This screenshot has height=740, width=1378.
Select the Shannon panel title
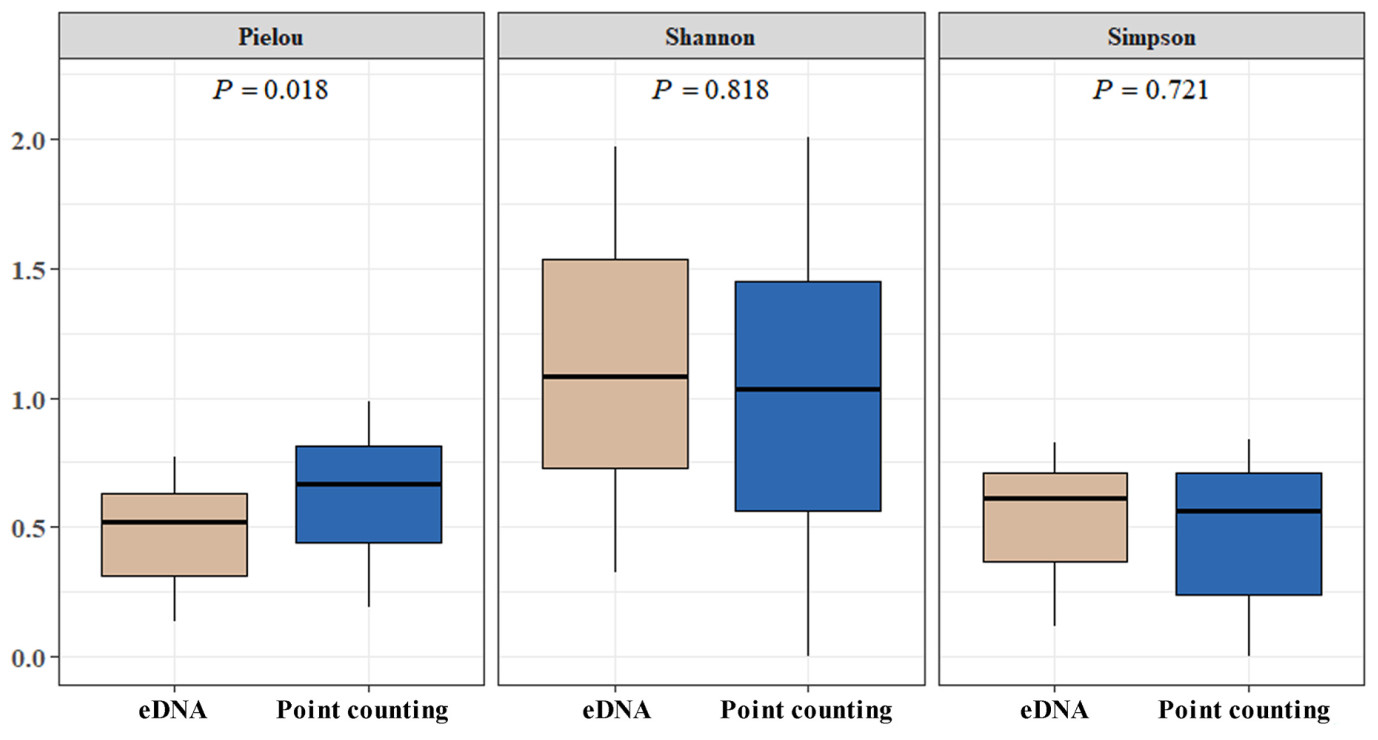click(710, 38)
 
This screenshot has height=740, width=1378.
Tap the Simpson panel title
click(1152, 38)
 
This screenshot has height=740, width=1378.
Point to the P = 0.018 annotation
click(270, 90)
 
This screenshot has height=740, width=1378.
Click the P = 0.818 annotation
click(710, 90)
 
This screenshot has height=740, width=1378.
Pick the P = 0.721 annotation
click(1151, 90)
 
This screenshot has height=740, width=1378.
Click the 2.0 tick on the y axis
click(30, 140)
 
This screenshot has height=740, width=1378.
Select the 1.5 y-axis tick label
click(30, 269)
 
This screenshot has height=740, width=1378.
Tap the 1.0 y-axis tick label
click(30, 398)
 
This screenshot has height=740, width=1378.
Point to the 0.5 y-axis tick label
click(30, 527)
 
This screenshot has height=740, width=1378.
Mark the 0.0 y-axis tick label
click(30, 657)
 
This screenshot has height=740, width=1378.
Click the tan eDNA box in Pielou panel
click(174, 535)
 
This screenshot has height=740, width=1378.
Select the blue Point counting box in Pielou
click(369, 494)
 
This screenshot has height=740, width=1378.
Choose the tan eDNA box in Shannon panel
click(615, 363)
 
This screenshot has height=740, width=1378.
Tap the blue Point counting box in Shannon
click(808, 396)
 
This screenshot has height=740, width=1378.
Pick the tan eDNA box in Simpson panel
click(1055, 517)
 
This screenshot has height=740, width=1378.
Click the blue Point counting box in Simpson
click(1249, 534)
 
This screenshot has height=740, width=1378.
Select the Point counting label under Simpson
click(1245, 711)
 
